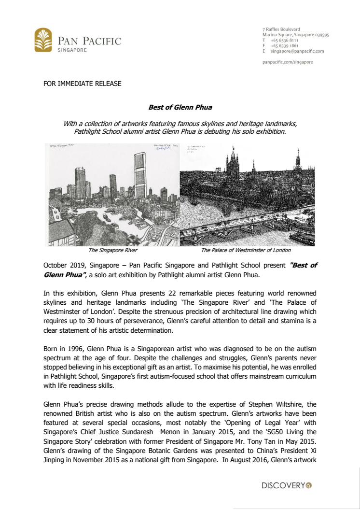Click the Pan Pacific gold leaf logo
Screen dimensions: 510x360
[43, 40]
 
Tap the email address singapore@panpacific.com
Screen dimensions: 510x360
[297, 51]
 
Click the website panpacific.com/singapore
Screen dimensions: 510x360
[288, 62]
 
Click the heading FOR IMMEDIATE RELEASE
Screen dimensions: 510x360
[82, 84]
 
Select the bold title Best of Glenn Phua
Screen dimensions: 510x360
[180, 107]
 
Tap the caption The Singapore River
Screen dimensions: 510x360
[112, 251]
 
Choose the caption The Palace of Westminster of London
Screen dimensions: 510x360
[246, 251]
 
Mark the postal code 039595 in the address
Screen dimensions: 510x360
[320, 35]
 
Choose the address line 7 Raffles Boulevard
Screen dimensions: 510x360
[281, 29]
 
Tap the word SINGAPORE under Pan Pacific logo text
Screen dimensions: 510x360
[72, 50]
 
